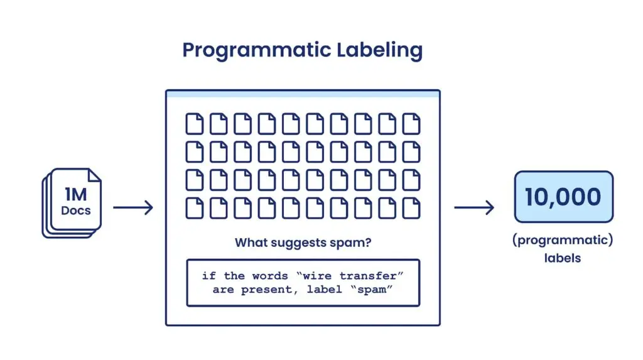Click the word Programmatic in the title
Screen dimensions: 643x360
click(257, 51)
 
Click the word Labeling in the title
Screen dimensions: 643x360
click(380, 51)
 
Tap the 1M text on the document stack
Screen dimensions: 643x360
click(76, 195)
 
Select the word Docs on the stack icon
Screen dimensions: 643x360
click(76, 210)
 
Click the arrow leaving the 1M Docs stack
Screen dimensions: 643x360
click(133, 207)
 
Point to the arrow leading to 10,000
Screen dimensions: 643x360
click(474, 207)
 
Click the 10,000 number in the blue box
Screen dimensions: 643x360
click(563, 197)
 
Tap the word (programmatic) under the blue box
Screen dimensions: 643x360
click(563, 240)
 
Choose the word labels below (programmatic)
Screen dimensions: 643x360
click(563, 258)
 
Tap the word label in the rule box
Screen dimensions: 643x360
click(324, 290)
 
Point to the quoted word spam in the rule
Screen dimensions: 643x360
click(372, 290)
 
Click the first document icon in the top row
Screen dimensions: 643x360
click(195, 124)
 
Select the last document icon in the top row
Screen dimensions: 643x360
click(411, 124)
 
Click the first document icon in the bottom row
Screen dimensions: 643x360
click(195, 208)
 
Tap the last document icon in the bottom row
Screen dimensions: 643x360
click(411, 208)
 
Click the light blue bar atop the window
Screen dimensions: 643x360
click(303, 94)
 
